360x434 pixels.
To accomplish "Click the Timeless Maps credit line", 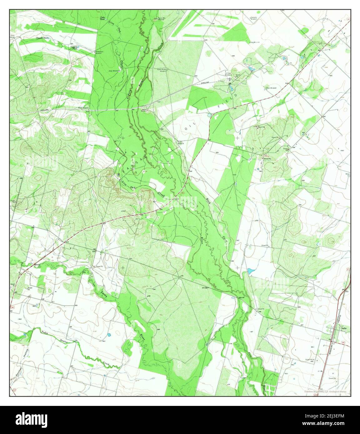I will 327,392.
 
